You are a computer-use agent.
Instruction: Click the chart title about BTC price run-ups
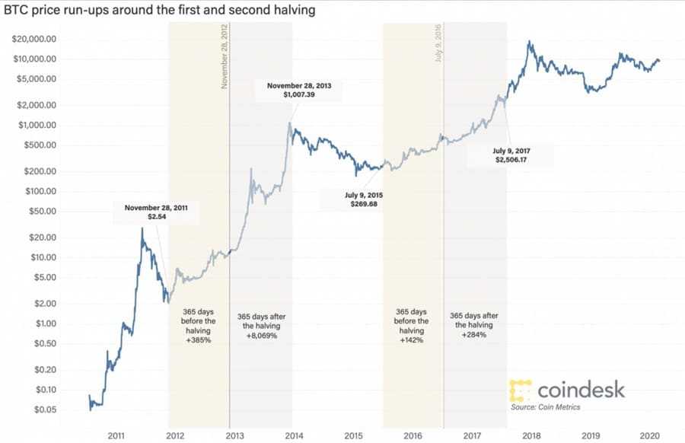tap(159, 11)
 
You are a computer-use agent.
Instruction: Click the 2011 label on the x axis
tap(116, 436)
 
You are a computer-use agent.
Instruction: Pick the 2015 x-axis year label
tap(353, 436)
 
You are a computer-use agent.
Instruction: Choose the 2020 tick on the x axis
tap(648, 436)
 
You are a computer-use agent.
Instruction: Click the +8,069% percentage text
tap(261, 336)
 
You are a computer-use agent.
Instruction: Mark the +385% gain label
tap(199, 341)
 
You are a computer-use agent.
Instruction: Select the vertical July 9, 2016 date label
tap(439, 43)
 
